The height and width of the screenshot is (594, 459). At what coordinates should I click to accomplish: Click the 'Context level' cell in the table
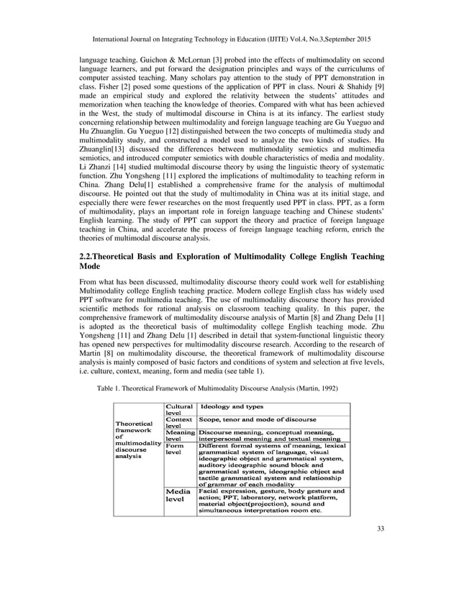click(179, 422)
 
